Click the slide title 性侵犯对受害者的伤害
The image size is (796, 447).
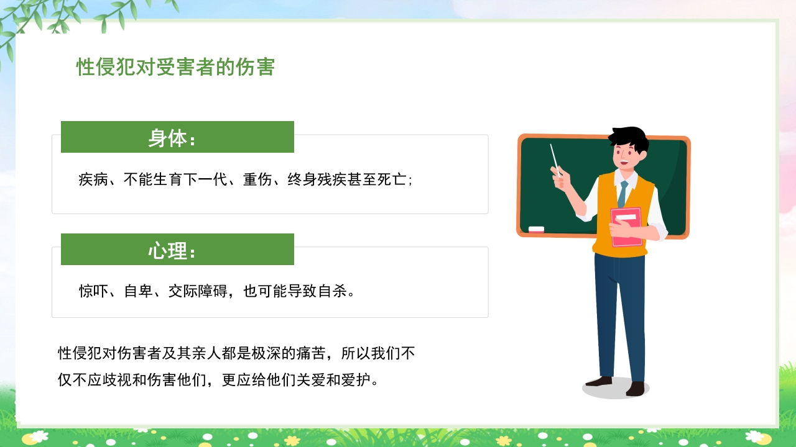click(175, 67)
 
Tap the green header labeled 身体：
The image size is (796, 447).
click(177, 137)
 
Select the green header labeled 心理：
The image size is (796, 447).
click(177, 250)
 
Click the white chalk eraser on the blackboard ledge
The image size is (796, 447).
click(536, 229)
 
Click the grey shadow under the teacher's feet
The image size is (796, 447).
click(616, 389)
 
